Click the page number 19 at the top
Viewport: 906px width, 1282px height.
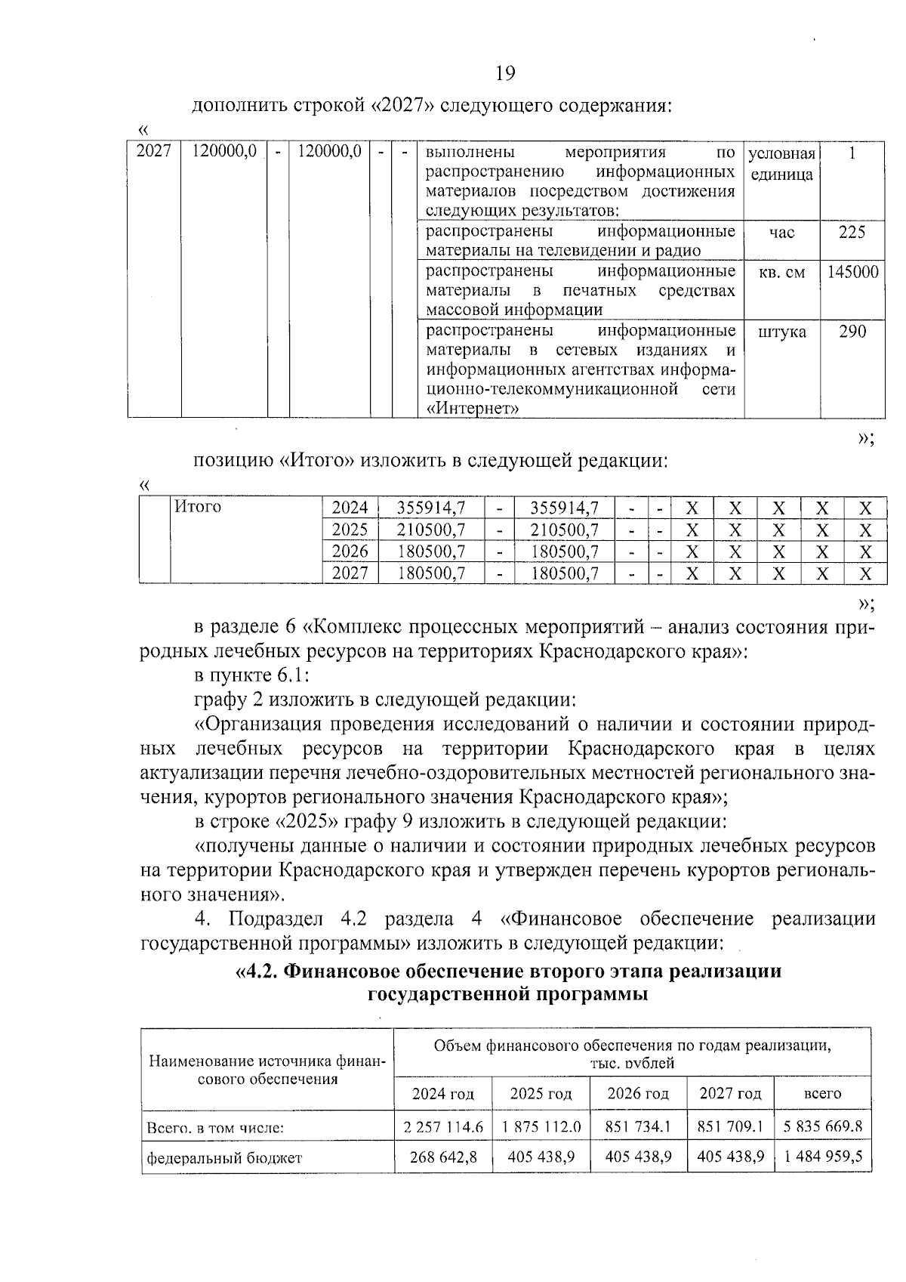505,73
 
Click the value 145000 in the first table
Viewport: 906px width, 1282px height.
852,273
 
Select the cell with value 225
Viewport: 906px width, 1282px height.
852,233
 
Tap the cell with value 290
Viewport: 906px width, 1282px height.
852,332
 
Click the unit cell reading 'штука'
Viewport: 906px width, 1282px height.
781,332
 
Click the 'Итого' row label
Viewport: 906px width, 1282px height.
198,507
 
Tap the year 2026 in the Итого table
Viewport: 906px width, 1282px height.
350,551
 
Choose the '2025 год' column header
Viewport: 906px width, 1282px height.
541,1094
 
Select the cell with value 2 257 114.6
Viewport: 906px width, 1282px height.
443,1127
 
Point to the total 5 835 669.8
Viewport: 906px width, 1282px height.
823,1127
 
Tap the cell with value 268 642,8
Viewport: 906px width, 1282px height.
443,1157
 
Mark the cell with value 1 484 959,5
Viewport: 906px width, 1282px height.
823,1157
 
